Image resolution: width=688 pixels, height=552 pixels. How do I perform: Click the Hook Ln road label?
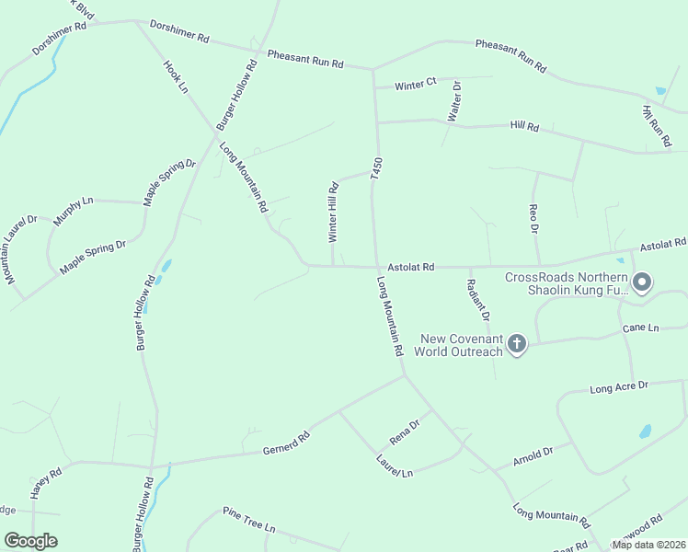(175, 77)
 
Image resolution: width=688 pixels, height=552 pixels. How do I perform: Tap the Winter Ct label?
(415, 86)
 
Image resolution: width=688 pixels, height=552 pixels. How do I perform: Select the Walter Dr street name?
(453, 101)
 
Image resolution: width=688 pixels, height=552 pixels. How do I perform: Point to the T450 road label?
(375, 168)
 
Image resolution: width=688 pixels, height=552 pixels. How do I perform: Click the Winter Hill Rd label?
(334, 212)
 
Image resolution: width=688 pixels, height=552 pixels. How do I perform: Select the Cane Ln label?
(641, 328)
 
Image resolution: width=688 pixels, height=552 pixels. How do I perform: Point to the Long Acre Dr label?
(619, 388)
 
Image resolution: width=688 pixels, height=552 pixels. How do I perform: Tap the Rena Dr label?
(404, 432)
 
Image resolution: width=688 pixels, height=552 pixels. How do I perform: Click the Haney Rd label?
(45, 483)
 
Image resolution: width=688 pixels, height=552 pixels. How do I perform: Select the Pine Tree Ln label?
(249, 520)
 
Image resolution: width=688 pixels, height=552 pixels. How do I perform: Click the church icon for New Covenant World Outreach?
(517, 345)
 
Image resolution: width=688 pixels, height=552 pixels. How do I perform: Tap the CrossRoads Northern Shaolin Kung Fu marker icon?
(642, 282)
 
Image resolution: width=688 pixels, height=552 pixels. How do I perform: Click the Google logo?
(30, 541)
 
